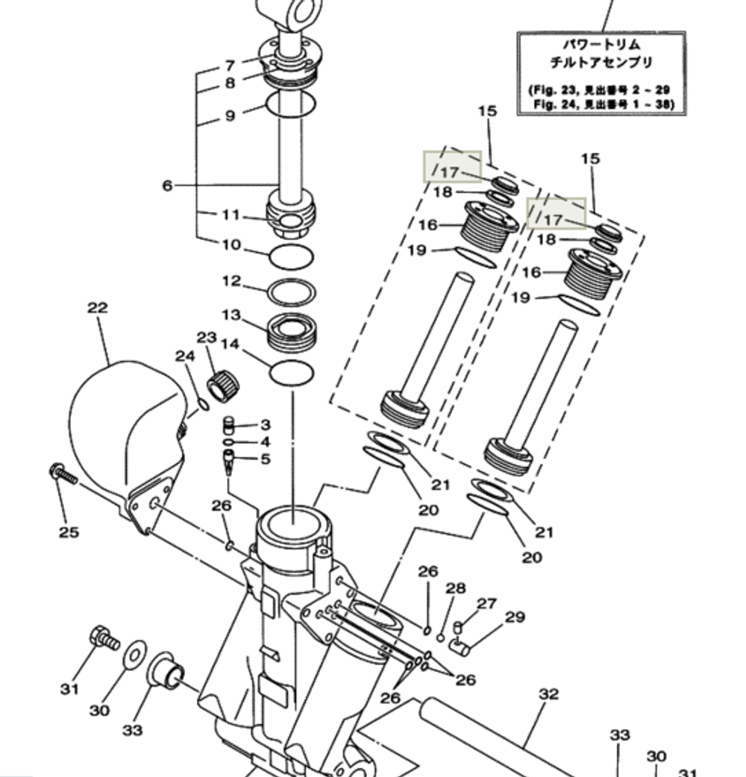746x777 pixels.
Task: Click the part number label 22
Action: pos(97,307)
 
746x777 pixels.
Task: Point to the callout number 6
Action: pos(168,185)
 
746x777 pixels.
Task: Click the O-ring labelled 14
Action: pos(290,372)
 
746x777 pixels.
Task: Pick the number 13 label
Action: pos(231,315)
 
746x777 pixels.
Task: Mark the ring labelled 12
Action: pos(290,292)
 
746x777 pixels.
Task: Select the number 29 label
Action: pos(515,617)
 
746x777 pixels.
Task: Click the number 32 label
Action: pos(548,694)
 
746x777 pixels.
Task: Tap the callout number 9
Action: pos(230,116)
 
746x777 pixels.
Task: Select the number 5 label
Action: pos(265,459)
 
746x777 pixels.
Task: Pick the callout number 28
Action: pos(456,589)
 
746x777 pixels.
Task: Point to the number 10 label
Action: pos(231,245)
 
